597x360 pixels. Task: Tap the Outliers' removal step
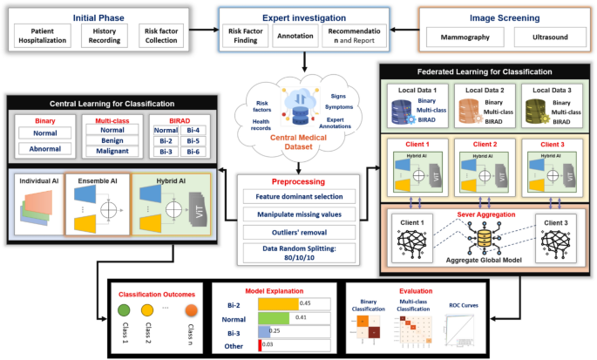point(299,233)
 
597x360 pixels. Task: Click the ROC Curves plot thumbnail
point(458,329)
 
